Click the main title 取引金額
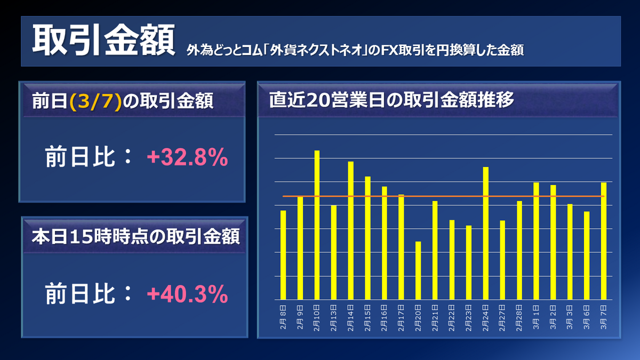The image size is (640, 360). pos(103,41)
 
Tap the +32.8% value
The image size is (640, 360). pos(187,158)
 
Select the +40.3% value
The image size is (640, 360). pos(187,294)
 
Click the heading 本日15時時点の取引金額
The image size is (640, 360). pos(135,235)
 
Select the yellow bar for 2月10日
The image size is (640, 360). pos(317,225)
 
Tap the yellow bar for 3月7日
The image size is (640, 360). pos(604,241)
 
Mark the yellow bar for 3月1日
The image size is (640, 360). pos(536,241)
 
